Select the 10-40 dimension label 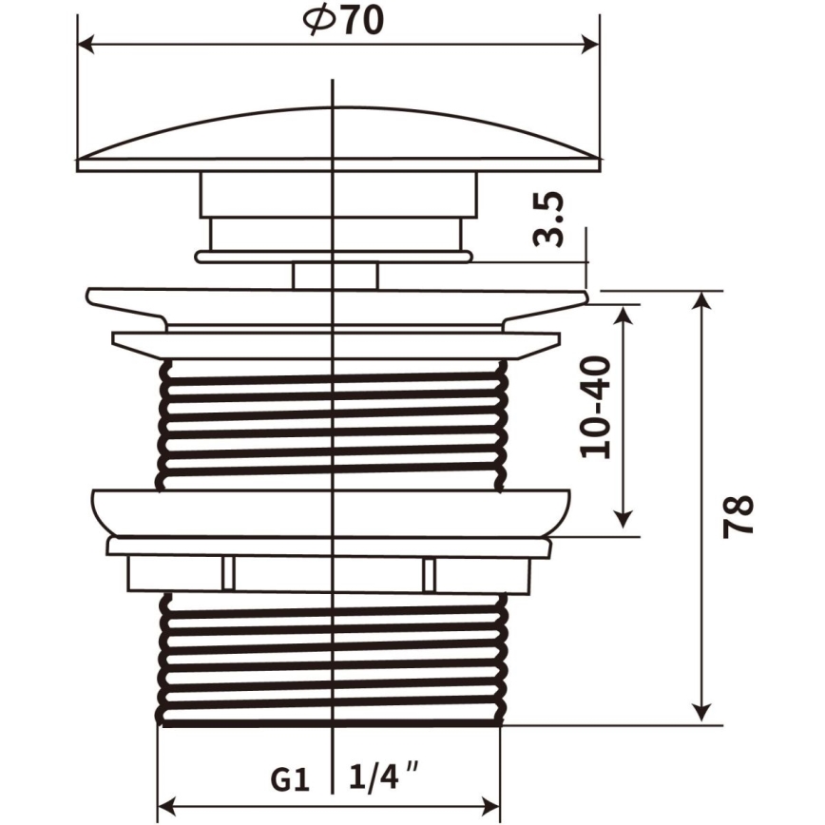point(597,407)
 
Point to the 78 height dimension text point(739,516)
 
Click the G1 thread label point(290,779)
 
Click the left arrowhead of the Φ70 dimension point(86,44)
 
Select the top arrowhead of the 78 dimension point(702,300)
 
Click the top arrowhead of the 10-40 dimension point(624,314)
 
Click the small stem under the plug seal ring point(336,276)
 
